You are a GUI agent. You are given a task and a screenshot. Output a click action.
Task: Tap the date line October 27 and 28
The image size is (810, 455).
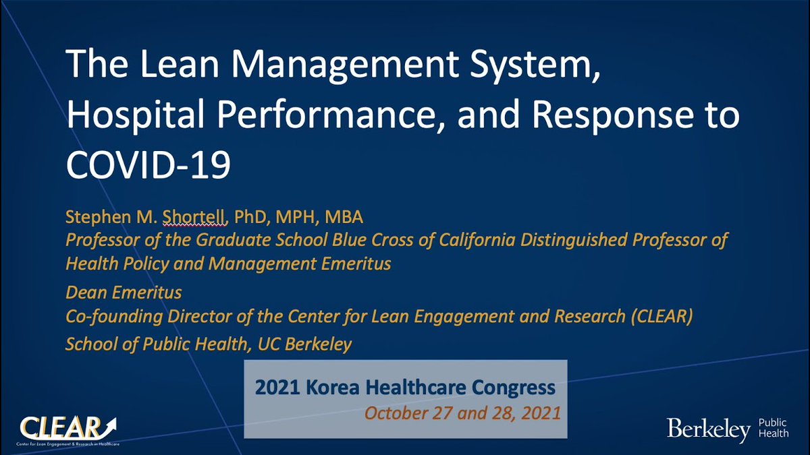tap(462, 412)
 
